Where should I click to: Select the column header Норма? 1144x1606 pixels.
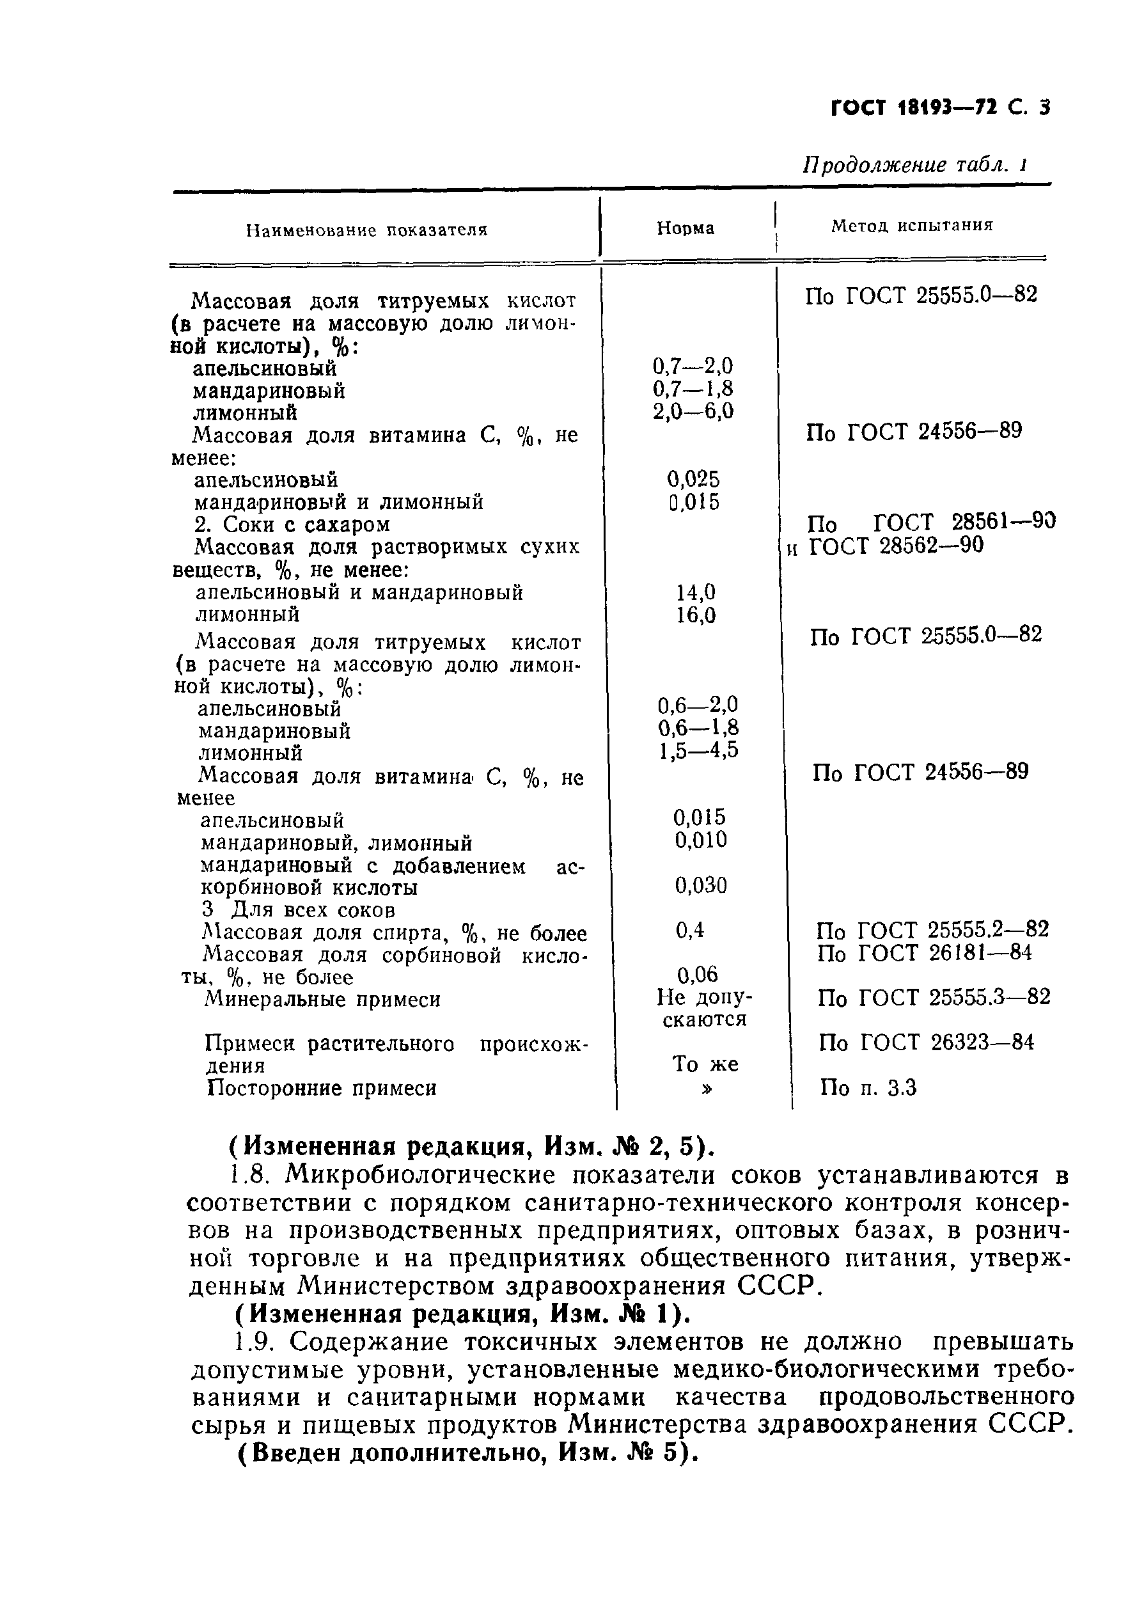coord(685,228)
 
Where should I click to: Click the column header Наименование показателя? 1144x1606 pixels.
coord(366,230)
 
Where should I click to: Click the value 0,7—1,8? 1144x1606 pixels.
coord(693,388)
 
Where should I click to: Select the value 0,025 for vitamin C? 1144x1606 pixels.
coord(693,480)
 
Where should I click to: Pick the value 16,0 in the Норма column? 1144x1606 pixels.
coord(695,616)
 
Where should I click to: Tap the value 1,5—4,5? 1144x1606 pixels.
coord(698,750)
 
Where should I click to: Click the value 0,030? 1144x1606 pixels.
coord(700,885)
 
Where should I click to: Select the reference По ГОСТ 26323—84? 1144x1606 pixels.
coord(927,1043)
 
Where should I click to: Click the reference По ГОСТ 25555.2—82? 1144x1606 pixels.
coord(932,930)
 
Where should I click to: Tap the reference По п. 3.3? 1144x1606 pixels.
coord(868,1089)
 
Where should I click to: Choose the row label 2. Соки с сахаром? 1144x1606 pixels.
coord(292,524)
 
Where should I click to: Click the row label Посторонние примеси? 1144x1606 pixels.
coord(321,1089)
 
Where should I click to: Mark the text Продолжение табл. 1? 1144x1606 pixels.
coord(914,166)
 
